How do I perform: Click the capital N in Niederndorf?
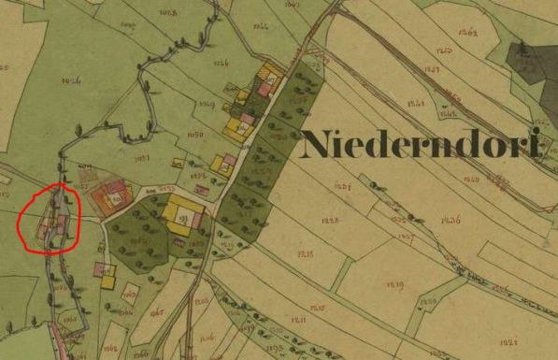point(320,147)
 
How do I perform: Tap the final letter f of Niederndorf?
point(536,146)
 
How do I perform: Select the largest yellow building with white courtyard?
point(179,216)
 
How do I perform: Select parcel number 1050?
point(193,135)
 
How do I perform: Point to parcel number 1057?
point(143,160)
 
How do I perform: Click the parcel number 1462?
point(467,34)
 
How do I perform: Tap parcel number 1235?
point(306,254)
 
